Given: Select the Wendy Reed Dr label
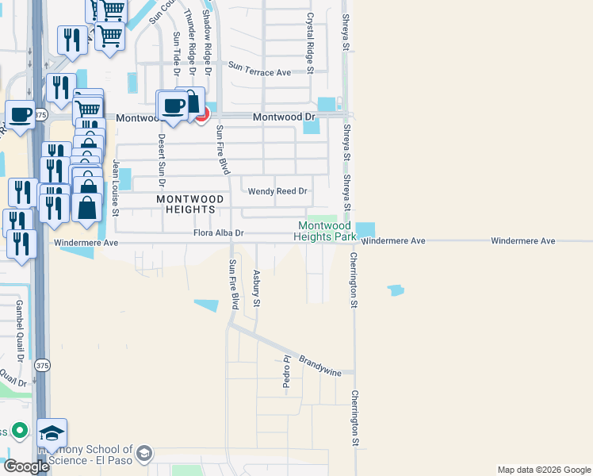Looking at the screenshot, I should point(277,191).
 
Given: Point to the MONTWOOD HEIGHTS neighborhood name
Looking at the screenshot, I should point(186,204).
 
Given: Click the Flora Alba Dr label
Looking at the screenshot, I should point(218,233).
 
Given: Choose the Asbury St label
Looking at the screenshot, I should point(256,288).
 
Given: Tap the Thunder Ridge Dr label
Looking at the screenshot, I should point(190,37).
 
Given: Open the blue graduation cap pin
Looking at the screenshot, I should point(52,433).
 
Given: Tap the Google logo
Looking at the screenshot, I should point(26,466).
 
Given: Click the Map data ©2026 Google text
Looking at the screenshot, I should point(543,470).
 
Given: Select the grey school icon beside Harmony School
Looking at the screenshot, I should point(143,453).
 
